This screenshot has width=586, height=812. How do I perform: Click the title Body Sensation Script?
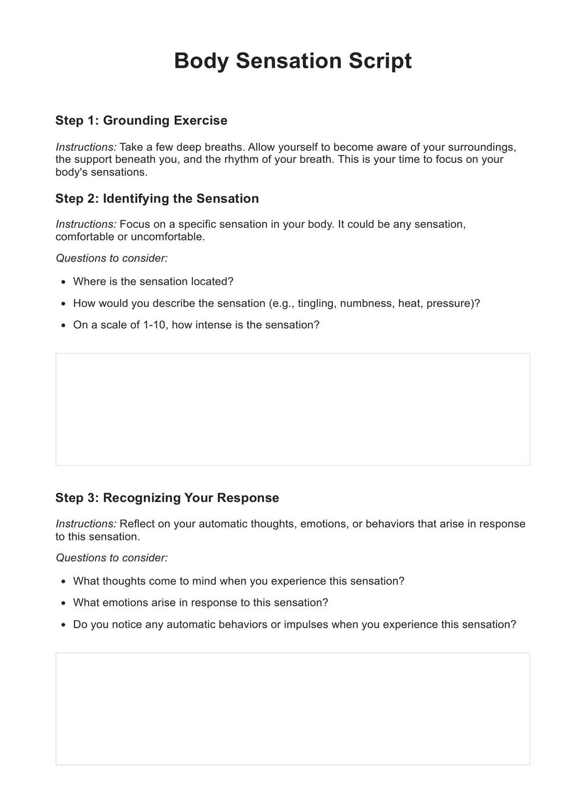[x=293, y=61]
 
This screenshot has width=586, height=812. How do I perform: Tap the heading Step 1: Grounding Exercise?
[x=141, y=121]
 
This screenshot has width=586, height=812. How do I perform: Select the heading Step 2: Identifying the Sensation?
[x=157, y=199]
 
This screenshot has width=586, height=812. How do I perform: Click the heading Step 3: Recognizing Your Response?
[x=167, y=498]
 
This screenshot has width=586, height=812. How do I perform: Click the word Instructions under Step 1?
[x=86, y=147]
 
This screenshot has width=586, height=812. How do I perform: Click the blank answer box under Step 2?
[x=293, y=409]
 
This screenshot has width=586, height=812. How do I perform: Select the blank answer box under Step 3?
[x=293, y=709]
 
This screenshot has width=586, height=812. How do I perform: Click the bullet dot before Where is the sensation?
[x=63, y=282]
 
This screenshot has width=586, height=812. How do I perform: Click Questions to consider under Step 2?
[x=112, y=259]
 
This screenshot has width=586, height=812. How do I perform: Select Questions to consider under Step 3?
[x=112, y=558]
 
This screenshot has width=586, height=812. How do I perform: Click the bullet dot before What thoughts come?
[x=63, y=582]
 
